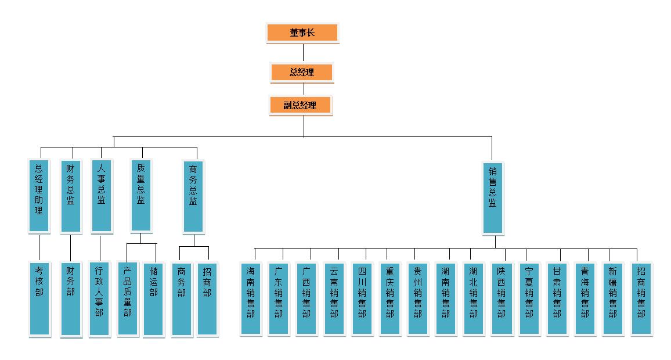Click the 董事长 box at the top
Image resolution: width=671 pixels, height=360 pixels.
click(302, 33)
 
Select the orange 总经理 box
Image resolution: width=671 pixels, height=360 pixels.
click(301, 73)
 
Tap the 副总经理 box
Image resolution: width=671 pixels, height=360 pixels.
click(300, 105)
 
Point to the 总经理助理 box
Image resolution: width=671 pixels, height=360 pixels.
click(39, 195)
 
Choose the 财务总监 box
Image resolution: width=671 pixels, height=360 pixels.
click(71, 195)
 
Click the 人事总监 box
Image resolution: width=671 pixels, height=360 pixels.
click(102, 195)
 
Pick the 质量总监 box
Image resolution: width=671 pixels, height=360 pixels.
click(141, 195)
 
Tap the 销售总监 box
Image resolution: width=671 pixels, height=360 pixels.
click(492, 197)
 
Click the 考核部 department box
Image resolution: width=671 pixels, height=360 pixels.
click(39, 298)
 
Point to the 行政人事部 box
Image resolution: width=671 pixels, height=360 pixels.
click(99, 298)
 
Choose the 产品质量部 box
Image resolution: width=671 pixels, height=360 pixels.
click(128, 298)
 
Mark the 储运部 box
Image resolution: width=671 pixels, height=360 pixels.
click(154, 298)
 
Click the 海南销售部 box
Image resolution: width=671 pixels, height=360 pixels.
click(251, 298)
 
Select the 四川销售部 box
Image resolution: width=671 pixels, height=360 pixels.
click(362, 298)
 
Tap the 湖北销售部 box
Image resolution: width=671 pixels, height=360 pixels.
click(474, 298)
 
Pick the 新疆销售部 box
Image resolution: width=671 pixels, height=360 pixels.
click(613, 298)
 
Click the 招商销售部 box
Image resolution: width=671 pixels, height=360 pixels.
click(641, 298)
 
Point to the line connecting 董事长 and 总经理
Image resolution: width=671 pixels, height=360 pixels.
click(303, 53)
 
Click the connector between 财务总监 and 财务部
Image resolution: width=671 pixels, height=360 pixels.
click(70, 248)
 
